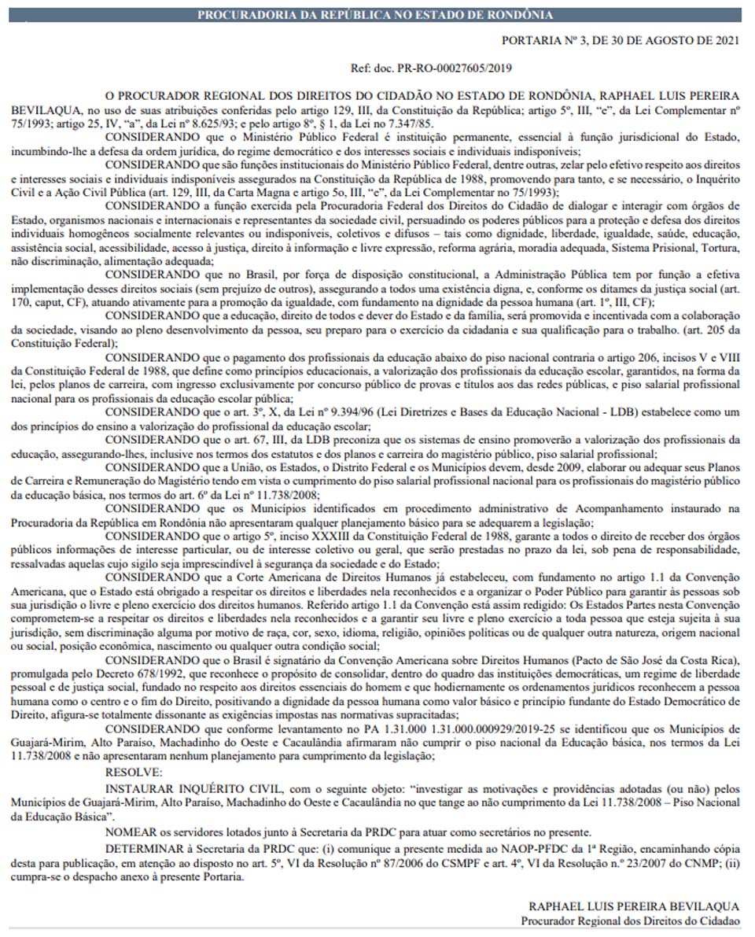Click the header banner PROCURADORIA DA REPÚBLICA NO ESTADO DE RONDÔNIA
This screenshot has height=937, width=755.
click(x=374, y=14)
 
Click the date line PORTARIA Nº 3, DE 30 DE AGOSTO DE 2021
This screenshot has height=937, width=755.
click(x=621, y=39)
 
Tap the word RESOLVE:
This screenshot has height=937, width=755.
click(x=131, y=773)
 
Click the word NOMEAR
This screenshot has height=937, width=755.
click(x=131, y=832)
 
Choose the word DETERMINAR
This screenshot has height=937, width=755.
click(x=142, y=847)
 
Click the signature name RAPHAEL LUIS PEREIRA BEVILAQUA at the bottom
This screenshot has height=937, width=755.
click(x=634, y=906)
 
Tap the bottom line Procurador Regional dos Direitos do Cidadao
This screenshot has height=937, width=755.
click(x=630, y=920)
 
